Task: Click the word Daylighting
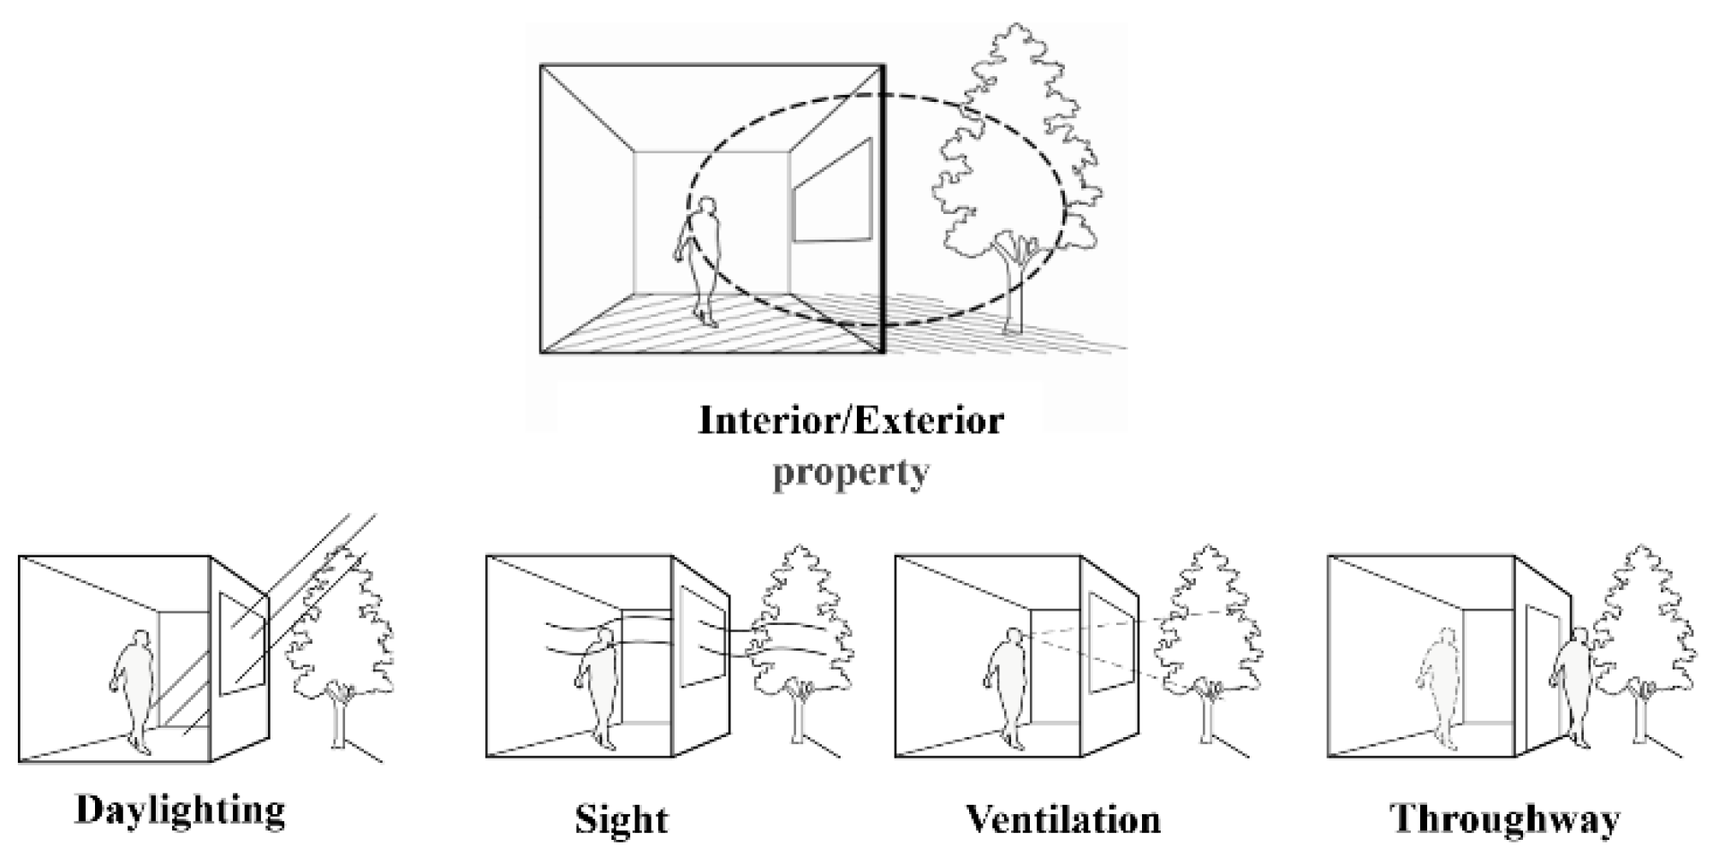180,811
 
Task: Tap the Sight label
622,819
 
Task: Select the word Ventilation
1063,819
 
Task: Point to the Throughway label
1505,819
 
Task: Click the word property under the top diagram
851,472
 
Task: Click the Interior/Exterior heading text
851,421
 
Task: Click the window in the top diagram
832,190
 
